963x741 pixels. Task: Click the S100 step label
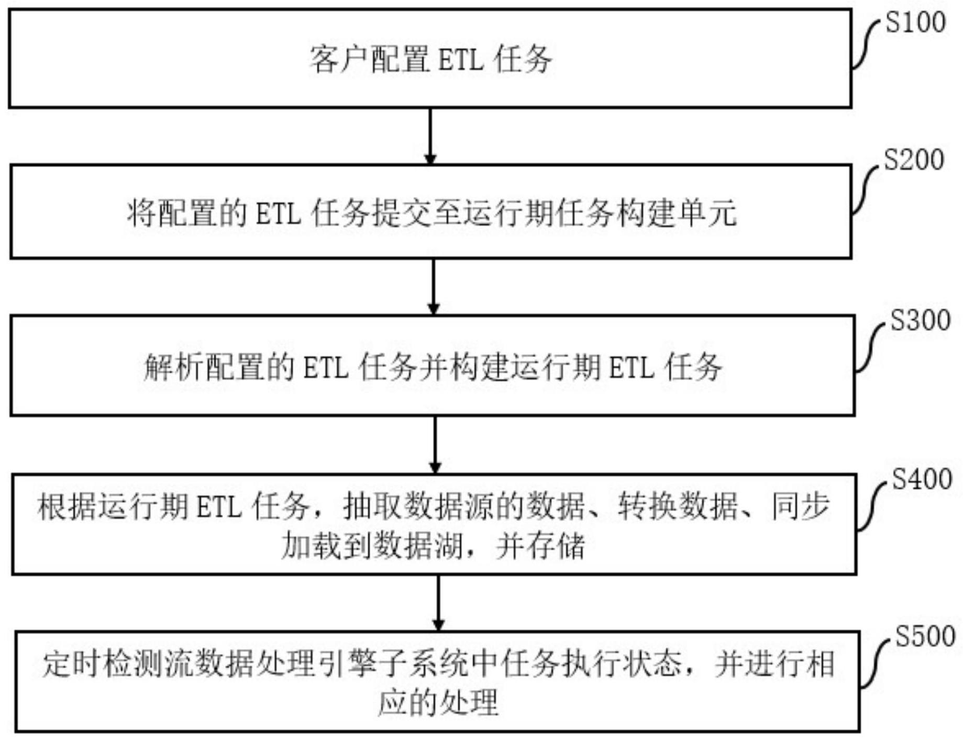coord(915,23)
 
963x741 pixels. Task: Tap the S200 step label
coord(914,160)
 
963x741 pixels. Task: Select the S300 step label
coord(920,320)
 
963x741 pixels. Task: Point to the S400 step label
coord(922,479)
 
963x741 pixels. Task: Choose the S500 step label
coord(925,637)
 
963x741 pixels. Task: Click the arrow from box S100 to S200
coord(430,136)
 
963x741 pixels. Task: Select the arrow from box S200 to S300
coord(433,286)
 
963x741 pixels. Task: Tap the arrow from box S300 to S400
coord(435,445)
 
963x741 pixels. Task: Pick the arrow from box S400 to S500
coord(438,603)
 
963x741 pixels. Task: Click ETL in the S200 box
coord(278,214)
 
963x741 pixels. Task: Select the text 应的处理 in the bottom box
coord(438,703)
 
